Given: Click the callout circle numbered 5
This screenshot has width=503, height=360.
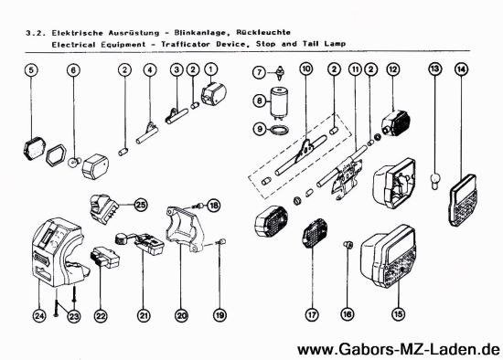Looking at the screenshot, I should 31,69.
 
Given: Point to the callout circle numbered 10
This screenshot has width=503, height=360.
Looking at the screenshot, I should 305,69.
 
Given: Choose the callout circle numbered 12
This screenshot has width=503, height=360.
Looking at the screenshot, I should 392,69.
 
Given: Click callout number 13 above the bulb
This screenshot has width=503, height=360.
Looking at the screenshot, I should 435,69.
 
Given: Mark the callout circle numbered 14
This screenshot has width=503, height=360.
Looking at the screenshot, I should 461,69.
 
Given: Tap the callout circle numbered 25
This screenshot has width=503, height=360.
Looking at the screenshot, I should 140,204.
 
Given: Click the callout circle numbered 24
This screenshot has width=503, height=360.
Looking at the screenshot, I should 39,316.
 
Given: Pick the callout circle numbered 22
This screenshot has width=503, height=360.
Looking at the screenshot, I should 101,316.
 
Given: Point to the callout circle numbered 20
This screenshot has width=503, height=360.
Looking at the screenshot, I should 181,316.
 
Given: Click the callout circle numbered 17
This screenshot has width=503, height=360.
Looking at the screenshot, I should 313,316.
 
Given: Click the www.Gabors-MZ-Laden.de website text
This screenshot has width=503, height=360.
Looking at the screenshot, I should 399,349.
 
